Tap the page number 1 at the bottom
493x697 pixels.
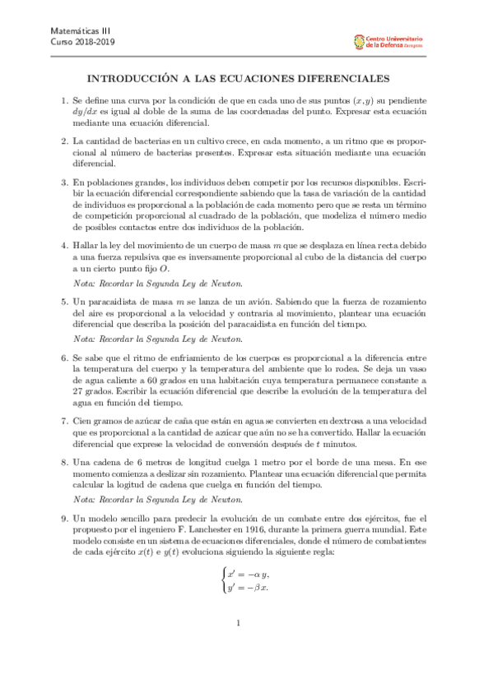(x=238, y=646)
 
